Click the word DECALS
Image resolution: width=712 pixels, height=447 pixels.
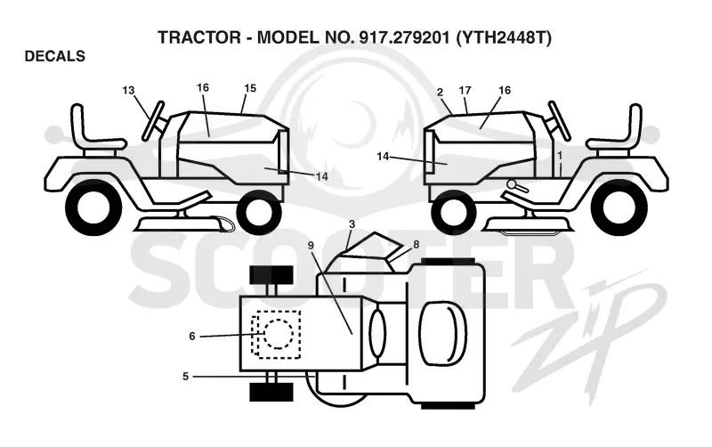55,56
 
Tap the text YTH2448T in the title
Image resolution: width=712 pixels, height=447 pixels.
504,37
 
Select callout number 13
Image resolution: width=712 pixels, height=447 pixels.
128,91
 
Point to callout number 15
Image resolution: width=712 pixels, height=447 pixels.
250,88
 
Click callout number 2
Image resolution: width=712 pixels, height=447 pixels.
440,93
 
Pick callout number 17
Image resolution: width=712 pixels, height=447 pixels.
465,91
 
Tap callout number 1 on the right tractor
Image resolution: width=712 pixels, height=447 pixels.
560,155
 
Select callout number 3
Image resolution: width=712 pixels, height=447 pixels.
352,224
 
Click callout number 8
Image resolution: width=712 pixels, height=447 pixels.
416,244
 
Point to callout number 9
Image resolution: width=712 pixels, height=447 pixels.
311,245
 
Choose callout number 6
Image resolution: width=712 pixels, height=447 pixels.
192,337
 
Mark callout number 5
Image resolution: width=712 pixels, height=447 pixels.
185,377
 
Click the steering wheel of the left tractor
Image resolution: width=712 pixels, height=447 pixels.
153,120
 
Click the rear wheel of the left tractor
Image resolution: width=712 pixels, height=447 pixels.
93,207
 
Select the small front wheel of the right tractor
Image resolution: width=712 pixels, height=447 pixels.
454,212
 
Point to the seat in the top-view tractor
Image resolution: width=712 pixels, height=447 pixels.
442,333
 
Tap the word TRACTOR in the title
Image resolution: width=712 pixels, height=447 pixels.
199,37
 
